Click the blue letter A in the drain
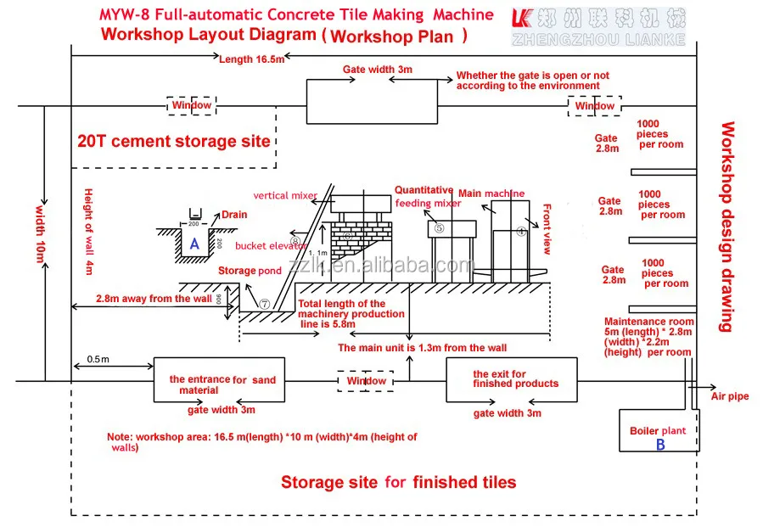click(194, 244)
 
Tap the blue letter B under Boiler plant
click(660, 445)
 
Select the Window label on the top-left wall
click(192, 105)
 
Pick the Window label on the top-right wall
click(594, 106)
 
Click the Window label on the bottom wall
click(366, 381)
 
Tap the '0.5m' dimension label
click(97, 360)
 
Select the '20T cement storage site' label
click(174, 142)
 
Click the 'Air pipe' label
click(730, 396)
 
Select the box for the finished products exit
click(512, 378)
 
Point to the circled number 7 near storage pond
click(264, 303)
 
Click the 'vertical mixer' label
click(285, 195)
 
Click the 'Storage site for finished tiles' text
click(398, 482)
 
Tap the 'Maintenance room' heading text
click(649, 322)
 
